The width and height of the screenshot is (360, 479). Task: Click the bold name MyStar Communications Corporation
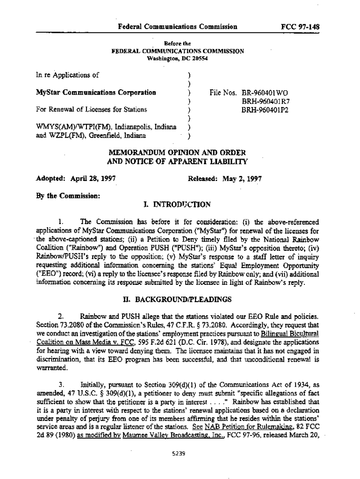click(96, 93)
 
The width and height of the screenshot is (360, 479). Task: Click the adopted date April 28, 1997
click(93, 179)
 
